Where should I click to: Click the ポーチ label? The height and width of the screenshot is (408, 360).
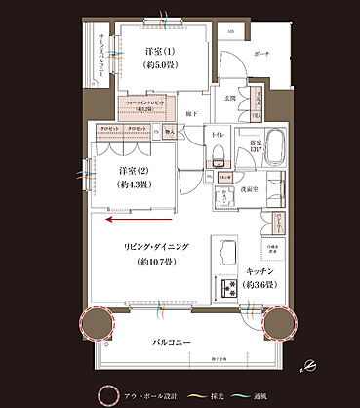260,55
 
